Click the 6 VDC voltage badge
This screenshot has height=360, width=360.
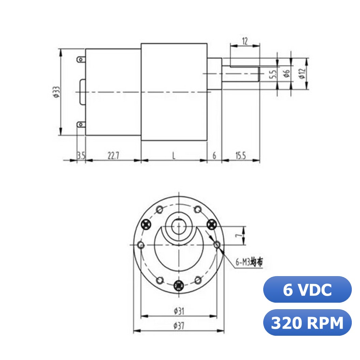(x=307, y=290)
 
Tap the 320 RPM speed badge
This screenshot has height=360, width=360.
(x=307, y=322)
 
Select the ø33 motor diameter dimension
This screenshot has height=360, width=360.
(x=56, y=92)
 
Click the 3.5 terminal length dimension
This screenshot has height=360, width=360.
(x=81, y=156)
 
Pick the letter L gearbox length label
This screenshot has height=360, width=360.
(x=174, y=156)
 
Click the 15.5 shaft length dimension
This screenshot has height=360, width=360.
(x=240, y=156)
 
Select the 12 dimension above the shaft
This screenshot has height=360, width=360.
(x=245, y=41)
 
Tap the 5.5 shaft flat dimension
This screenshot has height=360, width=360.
(x=272, y=75)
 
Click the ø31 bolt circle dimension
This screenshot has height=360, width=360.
(x=179, y=311)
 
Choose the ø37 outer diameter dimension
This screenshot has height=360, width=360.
(x=179, y=326)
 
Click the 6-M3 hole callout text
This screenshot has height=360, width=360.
(x=249, y=262)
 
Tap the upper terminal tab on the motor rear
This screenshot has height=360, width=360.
(x=80, y=60)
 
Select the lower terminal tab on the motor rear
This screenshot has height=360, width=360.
(x=80, y=124)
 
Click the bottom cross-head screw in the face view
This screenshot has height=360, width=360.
(x=178, y=285)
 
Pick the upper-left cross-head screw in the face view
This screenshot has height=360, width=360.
(x=146, y=224)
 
